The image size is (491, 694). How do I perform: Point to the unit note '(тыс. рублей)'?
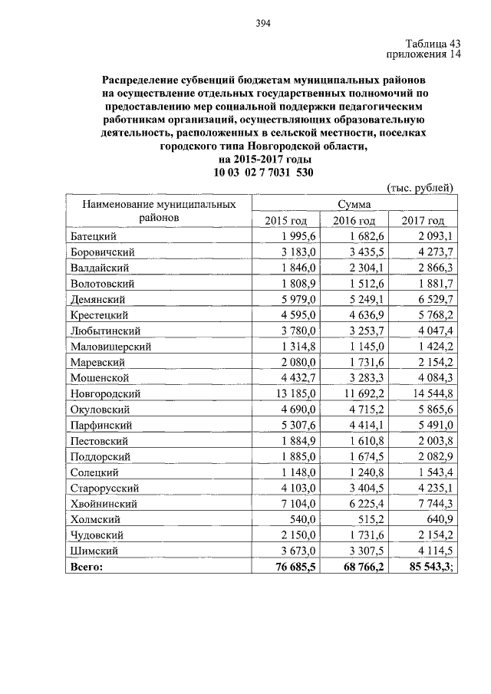(x=419, y=188)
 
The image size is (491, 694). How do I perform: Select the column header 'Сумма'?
(x=354, y=205)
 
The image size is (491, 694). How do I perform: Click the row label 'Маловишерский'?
(x=110, y=346)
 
